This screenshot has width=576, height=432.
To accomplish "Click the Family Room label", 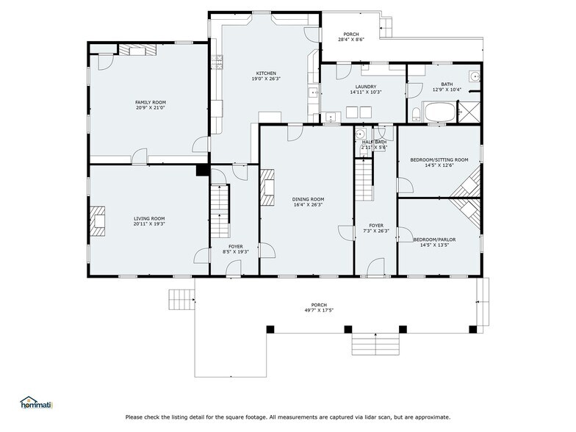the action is pyautogui.click(x=151, y=103).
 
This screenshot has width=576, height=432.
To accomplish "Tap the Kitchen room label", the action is pyautogui.click(x=266, y=73).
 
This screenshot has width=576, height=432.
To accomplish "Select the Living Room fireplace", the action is pyautogui.click(x=98, y=220).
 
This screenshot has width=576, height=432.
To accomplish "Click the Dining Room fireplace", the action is pyautogui.click(x=267, y=187).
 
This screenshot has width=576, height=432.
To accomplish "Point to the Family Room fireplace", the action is pyautogui.click(x=138, y=50).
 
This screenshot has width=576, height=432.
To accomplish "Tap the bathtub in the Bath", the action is pyautogui.click(x=439, y=112).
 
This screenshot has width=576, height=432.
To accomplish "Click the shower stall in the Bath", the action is pyautogui.click(x=469, y=112).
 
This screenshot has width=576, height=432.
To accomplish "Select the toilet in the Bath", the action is pyautogui.click(x=416, y=115).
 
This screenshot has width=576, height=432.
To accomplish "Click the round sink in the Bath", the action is pyautogui.click(x=475, y=76).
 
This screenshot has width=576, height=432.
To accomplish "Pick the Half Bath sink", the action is pyautogui.click(x=360, y=134).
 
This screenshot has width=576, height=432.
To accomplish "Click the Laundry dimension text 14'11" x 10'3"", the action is pyautogui.click(x=366, y=93).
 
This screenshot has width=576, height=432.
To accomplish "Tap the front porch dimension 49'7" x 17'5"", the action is pyautogui.click(x=319, y=310).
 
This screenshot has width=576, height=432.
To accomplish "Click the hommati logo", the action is pyautogui.click(x=37, y=403).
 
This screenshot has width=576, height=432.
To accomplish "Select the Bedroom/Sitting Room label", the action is pyautogui.click(x=439, y=160).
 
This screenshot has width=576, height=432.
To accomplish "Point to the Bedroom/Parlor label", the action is pyautogui.click(x=434, y=240).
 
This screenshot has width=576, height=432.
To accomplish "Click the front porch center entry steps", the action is pyautogui.click(x=375, y=344).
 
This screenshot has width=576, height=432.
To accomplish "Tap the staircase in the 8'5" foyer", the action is pyautogui.click(x=220, y=212).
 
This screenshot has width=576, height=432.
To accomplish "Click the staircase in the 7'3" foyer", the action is pyautogui.click(x=364, y=180).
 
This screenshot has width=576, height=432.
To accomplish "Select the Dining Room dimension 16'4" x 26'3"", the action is pyautogui.click(x=308, y=204).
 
